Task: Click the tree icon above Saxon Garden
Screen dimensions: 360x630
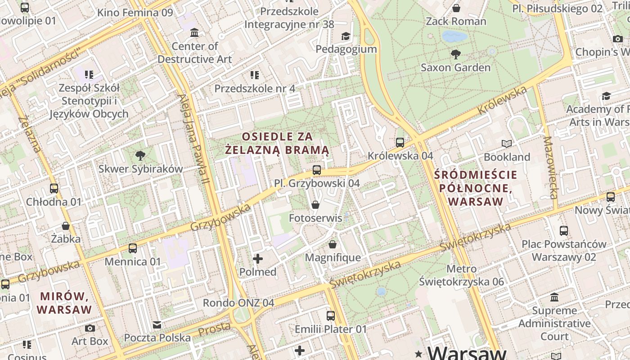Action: (455, 54)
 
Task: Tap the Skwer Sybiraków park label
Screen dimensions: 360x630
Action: (140, 169)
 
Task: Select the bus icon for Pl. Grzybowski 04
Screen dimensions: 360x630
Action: (317, 170)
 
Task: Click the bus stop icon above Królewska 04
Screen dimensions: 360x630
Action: (400, 143)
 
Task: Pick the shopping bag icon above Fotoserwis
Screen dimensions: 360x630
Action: (315, 205)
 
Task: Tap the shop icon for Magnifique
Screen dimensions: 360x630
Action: (333, 244)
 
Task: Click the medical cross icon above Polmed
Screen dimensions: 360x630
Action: (258, 259)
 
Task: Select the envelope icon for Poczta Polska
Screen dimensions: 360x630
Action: (157, 325)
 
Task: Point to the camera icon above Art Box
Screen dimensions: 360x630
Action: (90, 328)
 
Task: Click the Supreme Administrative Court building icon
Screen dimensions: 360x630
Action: (554, 297)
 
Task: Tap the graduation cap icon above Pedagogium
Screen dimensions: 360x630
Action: (346, 36)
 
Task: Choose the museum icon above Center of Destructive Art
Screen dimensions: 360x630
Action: (194, 33)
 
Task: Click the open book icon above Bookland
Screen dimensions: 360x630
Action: (507, 144)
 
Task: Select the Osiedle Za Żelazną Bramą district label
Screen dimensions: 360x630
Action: (277, 143)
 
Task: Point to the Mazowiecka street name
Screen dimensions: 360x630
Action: (550, 167)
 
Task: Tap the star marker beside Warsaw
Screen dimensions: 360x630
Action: (419, 353)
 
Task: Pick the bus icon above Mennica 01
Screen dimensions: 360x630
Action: (133, 248)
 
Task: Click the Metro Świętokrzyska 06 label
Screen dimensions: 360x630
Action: (461, 275)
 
